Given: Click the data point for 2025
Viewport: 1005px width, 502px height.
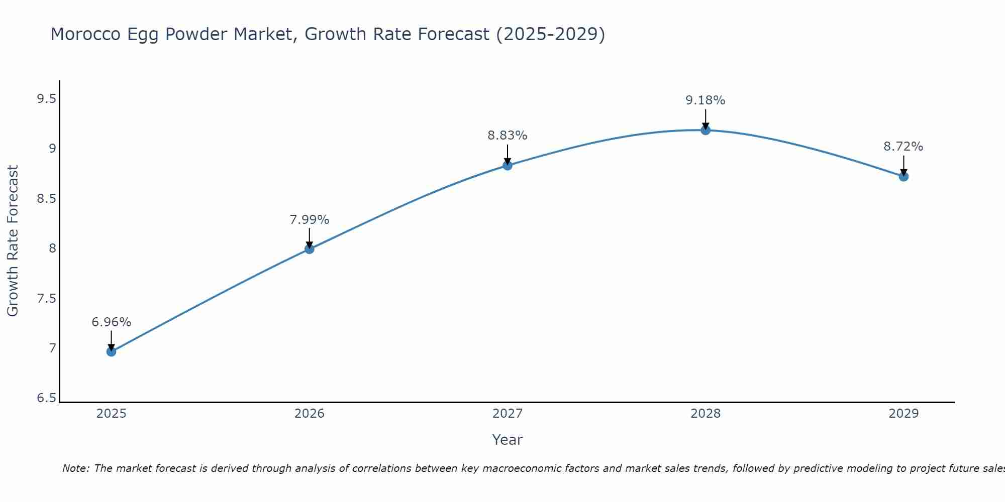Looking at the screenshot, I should click(x=111, y=351).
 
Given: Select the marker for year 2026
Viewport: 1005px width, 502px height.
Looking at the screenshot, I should click(x=309, y=249).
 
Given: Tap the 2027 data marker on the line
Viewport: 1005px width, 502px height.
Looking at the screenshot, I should click(x=507, y=165).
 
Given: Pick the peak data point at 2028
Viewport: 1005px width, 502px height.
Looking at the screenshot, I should click(x=705, y=130).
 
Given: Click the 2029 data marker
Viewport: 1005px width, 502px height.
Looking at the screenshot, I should click(x=903, y=176).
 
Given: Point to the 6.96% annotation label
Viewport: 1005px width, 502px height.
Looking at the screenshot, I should click(x=111, y=322).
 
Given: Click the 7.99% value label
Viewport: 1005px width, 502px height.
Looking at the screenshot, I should click(x=309, y=220).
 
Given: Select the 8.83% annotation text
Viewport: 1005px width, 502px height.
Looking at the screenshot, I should click(x=507, y=136).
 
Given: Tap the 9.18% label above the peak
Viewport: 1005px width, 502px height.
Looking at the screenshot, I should click(x=705, y=100).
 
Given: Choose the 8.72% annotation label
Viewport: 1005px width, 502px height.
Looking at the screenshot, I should click(x=903, y=147).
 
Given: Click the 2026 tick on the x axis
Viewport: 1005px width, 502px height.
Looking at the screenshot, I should click(x=309, y=414).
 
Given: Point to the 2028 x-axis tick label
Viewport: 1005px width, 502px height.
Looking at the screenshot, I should click(x=705, y=414).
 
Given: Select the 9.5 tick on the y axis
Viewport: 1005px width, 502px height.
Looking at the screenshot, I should click(x=46, y=99).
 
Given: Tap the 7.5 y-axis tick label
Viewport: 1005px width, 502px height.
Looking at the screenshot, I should click(x=46, y=299).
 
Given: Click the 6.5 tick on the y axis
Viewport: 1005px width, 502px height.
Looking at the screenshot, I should click(x=46, y=399).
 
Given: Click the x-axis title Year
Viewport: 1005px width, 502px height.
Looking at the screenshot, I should click(x=507, y=440).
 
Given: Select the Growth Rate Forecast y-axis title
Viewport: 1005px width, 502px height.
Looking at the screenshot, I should click(x=13, y=241).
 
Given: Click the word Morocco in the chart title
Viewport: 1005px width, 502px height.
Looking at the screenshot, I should click(x=85, y=35).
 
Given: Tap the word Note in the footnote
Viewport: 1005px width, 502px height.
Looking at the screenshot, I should click(x=75, y=468).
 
